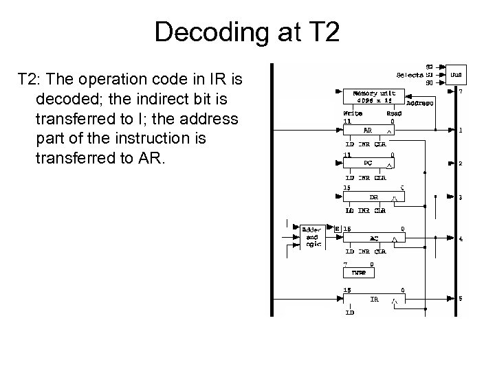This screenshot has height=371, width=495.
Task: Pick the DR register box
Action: point(374,197)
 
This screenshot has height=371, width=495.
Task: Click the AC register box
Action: point(374,238)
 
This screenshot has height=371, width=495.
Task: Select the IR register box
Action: point(374,300)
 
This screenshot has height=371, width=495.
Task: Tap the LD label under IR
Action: point(349,313)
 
